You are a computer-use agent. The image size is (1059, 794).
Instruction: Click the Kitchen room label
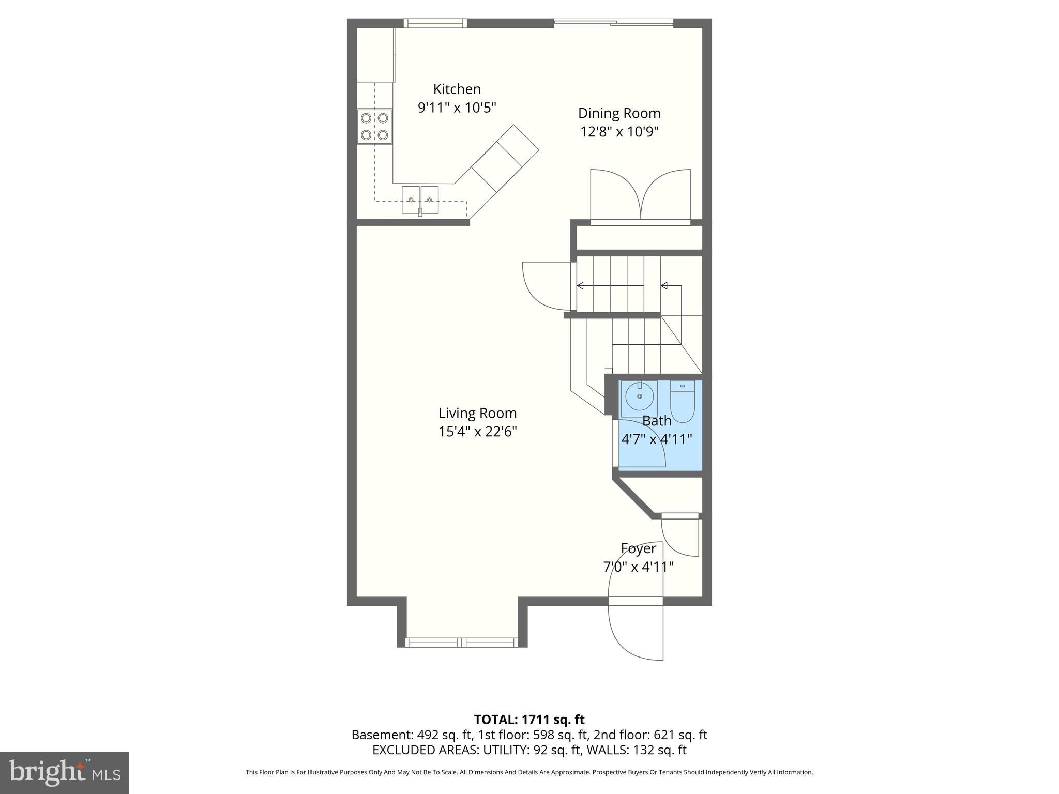click(457, 89)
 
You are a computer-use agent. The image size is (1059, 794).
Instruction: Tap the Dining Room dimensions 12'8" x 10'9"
click(619, 132)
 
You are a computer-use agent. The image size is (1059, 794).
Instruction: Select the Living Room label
click(477, 413)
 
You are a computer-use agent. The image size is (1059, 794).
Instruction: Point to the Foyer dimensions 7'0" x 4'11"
click(638, 567)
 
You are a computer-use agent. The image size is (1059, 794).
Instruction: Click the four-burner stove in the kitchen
click(374, 127)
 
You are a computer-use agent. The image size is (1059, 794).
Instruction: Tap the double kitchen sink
click(420, 200)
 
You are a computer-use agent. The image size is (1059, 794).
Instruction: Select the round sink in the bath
click(639, 396)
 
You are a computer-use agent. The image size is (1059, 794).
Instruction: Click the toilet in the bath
click(683, 401)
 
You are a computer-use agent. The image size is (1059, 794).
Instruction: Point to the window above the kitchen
click(435, 23)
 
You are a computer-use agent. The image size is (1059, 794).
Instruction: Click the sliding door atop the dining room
click(613, 23)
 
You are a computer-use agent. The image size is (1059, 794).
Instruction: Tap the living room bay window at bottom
click(461, 643)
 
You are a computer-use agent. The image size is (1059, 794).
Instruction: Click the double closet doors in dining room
click(640, 196)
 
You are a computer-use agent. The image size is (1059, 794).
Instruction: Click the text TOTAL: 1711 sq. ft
click(529, 719)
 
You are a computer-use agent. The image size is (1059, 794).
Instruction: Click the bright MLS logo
click(65, 772)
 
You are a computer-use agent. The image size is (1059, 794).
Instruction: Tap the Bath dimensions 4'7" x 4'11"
click(656, 439)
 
